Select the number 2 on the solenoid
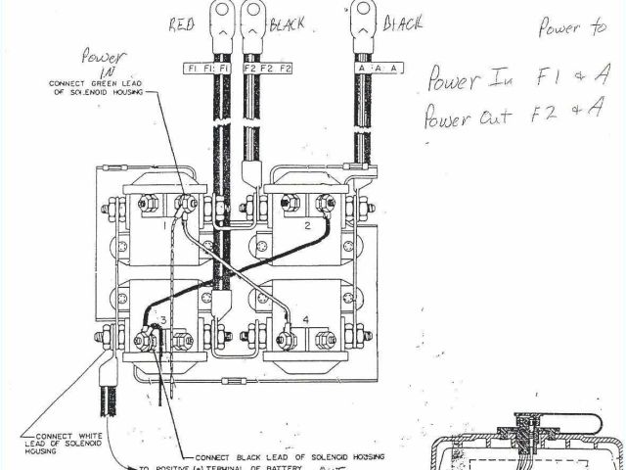point(306,225)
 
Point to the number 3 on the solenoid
point(163,320)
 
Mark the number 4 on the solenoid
point(306,319)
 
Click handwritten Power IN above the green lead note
point(102,64)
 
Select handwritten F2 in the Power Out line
point(536,114)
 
